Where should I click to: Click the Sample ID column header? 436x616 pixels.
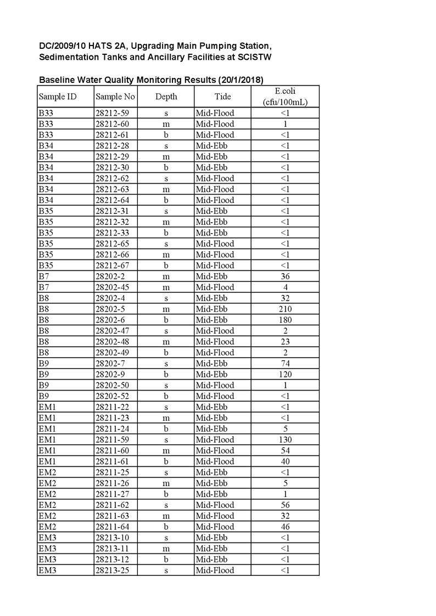57,97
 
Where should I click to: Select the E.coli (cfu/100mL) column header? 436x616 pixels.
284,97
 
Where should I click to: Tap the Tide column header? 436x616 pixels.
222,97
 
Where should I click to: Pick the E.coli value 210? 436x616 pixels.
285,309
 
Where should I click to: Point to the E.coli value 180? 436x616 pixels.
285,320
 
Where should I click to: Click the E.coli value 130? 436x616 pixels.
285,439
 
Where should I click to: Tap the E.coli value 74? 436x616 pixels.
285,363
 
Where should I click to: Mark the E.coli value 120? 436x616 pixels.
285,374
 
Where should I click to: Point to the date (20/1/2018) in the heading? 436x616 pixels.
241,80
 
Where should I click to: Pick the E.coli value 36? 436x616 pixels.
285,276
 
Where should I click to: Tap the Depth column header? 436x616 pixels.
166,97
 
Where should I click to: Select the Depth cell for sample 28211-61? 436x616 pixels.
166,461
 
